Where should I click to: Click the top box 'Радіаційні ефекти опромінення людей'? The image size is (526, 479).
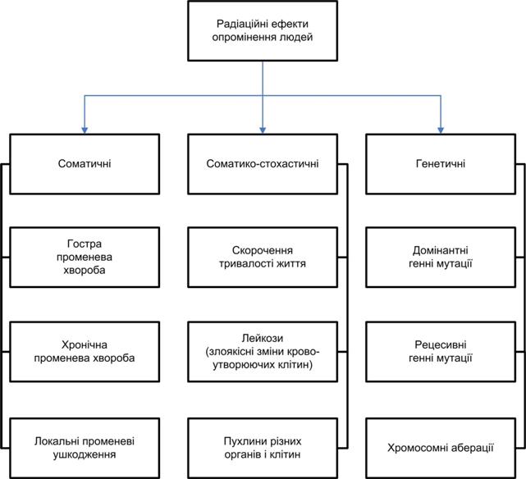[x=263, y=31]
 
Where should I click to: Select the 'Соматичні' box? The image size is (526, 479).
[x=85, y=164]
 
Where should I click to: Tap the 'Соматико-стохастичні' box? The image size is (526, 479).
[x=263, y=164]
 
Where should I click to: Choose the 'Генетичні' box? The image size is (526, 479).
[x=441, y=164]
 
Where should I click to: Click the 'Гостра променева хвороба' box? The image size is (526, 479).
[x=85, y=257]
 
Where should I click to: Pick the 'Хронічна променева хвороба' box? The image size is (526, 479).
[x=85, y=352]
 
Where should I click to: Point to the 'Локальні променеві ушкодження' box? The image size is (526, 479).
[x=85, y=448]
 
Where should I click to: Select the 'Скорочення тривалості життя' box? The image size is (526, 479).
[x=263, y=257]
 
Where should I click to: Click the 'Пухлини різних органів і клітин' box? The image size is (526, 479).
[x=263, y=448]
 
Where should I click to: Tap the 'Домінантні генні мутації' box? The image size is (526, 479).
[x=441, y=257]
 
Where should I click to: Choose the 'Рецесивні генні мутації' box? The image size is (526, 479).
[x=441, y=352]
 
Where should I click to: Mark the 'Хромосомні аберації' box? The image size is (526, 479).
[x=441, y=448]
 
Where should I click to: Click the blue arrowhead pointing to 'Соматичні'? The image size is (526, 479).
[x=85, y=130]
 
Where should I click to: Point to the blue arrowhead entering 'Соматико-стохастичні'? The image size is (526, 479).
[x=263, y=130]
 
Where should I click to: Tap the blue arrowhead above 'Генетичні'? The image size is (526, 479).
[x=441, y=130]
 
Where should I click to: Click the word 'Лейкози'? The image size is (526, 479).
[x=263, y=338]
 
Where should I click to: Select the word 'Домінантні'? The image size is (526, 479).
[x=440, y=250]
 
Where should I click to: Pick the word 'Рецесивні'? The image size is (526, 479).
[x=441, y=344]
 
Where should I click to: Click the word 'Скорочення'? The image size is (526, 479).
[x=263, y=250]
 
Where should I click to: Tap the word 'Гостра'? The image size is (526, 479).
[x=85, y=244]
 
